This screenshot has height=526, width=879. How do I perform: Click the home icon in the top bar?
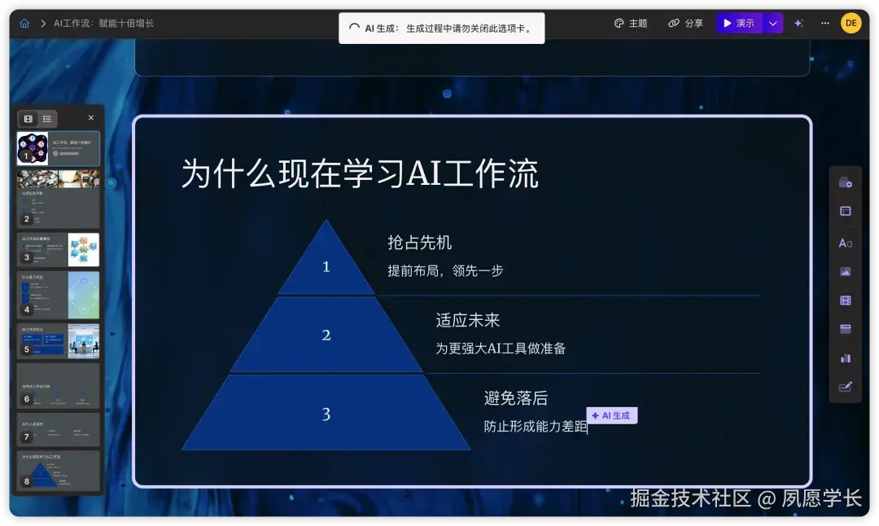(24, 24)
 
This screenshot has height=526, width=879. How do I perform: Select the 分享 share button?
(685, 24)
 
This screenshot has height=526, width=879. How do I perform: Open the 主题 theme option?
(631, 24)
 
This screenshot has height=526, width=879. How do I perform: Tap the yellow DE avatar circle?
(851, 23)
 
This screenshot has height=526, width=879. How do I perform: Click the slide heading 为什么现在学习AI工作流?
(359, 174)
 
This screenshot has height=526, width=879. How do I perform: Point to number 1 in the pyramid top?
(326, 266)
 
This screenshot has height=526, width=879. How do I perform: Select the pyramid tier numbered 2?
(326, 335)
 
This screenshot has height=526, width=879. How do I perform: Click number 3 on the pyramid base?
(326, 414)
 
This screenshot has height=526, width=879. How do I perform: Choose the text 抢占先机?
(419, 243)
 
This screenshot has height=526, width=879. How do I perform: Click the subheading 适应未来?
(467, 321)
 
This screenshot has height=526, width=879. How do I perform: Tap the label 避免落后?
(515, 398)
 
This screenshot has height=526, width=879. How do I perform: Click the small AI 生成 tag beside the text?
(611, 415)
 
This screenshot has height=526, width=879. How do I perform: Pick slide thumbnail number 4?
(59, 295)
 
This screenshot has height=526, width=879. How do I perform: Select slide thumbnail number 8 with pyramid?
(59, 470)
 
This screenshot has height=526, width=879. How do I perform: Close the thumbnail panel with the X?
(91, 118)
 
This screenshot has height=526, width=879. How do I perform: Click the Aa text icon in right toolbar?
(845, 243)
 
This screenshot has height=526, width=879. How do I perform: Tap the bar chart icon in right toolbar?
(845, 357)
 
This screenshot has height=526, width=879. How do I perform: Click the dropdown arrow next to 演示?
(773, 24)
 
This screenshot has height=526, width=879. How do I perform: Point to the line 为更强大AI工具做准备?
(501, 348)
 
